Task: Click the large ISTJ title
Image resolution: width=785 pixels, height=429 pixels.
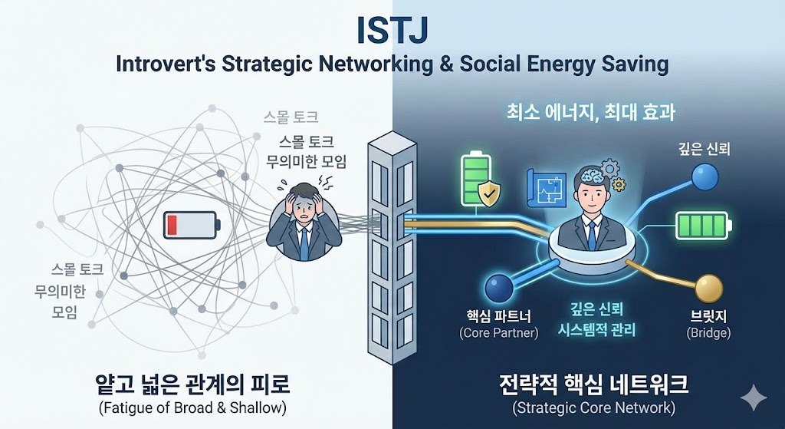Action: click(x=392, y=31)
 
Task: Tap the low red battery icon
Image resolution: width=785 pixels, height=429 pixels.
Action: click(x=192, y=225)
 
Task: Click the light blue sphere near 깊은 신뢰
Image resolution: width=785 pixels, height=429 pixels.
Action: click(x=704, y=178)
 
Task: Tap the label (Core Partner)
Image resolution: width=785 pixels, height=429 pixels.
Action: click(x=498, y=333)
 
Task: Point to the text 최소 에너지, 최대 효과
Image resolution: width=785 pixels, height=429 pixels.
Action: click(x=590, y=113)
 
